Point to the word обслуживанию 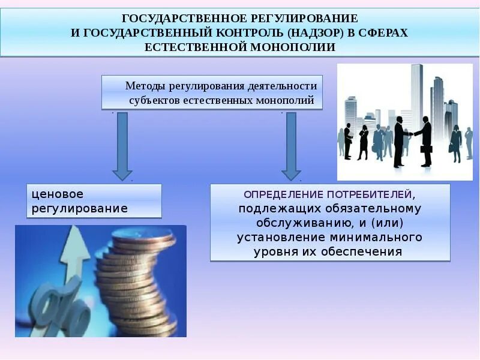coord(277,223)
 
